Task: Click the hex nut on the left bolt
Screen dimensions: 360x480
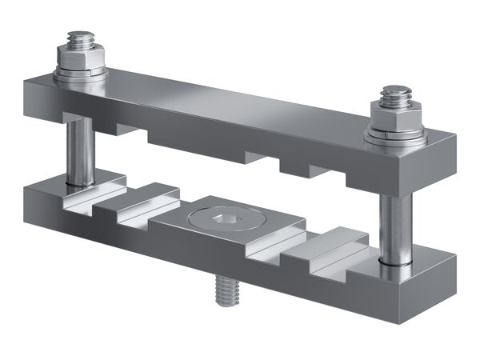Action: [80, 58]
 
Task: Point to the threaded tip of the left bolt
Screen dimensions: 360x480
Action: [80, 38]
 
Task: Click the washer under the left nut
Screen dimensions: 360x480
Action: [80, 73]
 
